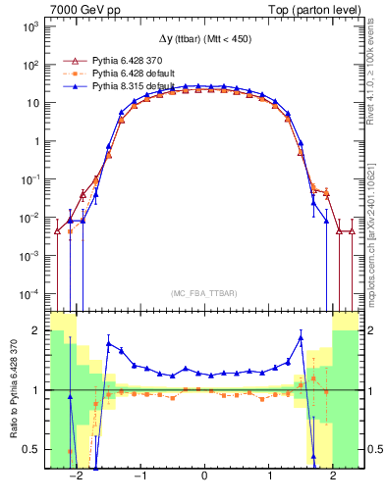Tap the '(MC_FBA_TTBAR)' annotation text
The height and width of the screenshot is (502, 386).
click(x=203, y=293)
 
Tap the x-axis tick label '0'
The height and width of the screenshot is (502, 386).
click(x=203, y=477)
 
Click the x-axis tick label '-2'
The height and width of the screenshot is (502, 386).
click(x=74, y=477)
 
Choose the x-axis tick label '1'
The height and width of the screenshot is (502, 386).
click(x=268, y=477)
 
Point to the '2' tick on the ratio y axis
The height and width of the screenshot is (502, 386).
click(x=35, y=331)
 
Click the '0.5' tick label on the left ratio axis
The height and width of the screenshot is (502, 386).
click(x=31, y=450)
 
